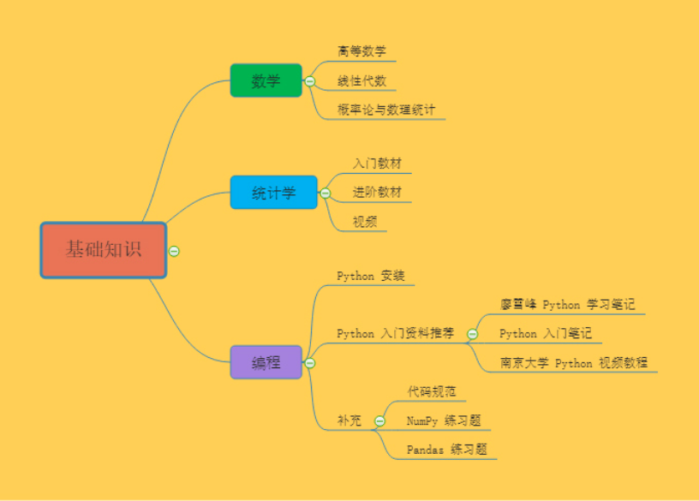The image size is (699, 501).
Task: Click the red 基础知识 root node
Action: click(x=104, y=250)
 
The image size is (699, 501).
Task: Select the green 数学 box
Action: click(x=266, y=81)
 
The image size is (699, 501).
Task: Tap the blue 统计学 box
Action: click(x=273, y=193)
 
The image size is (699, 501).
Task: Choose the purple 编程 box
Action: click(x=266, y=362)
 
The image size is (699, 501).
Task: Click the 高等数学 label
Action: click(x=361, y=51)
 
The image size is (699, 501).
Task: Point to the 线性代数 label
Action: click(x=361, y=81)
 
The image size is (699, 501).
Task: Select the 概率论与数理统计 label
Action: click(x=386, y=110)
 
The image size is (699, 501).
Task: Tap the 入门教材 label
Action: click(x=377, y=163)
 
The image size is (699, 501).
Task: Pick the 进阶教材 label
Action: click(x=377, y=192)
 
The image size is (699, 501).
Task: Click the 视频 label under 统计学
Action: click(x=365, y=222)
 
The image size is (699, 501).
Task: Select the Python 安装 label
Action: click(x=370, y=275)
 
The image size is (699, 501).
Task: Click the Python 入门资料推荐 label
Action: click(x=395, y=333)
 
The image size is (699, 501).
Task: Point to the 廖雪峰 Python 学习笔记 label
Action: click(x=567, y=304)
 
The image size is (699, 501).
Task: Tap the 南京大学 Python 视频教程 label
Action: click(x=574, y=362)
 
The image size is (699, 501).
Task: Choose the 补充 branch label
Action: click(x=349, y=420)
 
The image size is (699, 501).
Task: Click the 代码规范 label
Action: click(x=431, y=391)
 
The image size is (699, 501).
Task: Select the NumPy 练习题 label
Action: click(x=443, y=420)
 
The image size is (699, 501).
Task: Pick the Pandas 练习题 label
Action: click(x=446, y=450)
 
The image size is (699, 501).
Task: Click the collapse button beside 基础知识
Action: click(x=174, y=251)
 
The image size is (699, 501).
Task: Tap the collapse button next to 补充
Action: click(x=379, y=420)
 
